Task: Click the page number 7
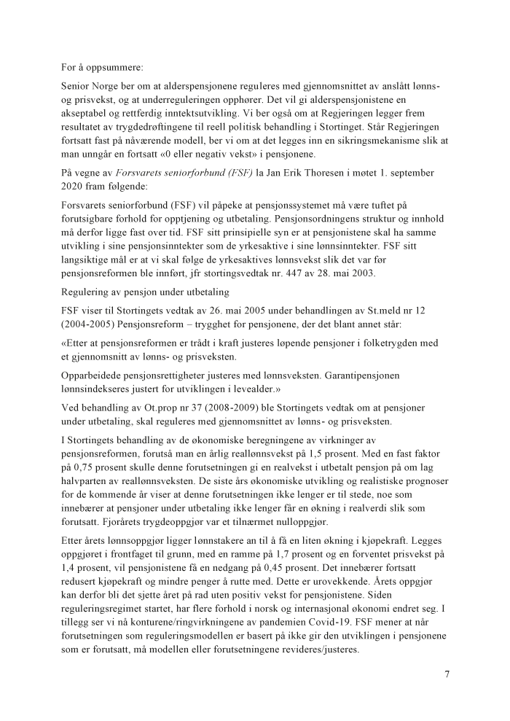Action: [447, 674]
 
